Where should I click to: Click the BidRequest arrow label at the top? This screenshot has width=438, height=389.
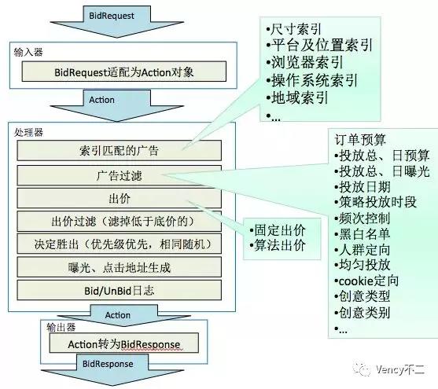pos(112,16)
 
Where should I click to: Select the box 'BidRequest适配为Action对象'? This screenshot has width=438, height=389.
pos(124,72)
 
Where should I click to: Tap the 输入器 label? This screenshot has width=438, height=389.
pos(28,52)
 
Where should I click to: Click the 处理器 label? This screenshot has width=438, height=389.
pos(28,132)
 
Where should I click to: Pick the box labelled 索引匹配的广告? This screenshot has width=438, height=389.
pos(120,151)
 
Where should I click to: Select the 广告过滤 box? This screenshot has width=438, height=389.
pos(120,175)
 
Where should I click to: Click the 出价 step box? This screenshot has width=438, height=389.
pos(120,198)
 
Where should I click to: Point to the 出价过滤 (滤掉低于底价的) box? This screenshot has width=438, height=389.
pos(120,221)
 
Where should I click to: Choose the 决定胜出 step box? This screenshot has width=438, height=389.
pos(120,244)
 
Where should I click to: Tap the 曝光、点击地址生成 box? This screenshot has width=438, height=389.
pos(120,267)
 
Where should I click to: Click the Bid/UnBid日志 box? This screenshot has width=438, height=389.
pos(120,291)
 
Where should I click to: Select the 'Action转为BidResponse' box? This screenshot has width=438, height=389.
pos(124,343)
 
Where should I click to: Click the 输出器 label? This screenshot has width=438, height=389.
pos(61,327)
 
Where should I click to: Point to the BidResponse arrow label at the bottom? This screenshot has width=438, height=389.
pos(108,364)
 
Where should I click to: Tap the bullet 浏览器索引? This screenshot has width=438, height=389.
pos(304,62)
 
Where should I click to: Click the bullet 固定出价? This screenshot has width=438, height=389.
pos(278,230)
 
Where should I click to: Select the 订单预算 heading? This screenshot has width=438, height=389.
pos(360,140)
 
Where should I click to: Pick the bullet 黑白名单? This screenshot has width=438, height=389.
pos(362,234)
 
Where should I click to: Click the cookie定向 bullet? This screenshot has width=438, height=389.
pos(366,281)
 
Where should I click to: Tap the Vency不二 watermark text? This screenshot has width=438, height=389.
pos(400,369)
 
